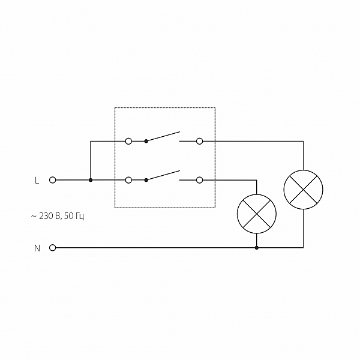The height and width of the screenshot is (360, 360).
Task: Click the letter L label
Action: tap(37, 180)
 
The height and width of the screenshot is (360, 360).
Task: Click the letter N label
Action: tap(37, 247)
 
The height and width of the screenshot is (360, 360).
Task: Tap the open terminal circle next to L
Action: tap(52, 180)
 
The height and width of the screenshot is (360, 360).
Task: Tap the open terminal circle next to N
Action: tap(52, 247)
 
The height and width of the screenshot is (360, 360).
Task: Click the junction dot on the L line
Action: tap(91, 180)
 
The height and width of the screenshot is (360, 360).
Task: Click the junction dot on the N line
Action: tap(257, 247)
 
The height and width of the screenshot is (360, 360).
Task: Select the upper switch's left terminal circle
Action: tap(128, 142)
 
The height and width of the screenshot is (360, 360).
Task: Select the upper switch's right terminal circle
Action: tap(199, 142)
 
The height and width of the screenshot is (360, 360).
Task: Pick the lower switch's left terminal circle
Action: tap(128, 180)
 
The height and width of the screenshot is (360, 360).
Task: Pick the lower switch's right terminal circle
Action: tap(199, 180)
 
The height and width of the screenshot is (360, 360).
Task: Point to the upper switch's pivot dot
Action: tap(146, 142)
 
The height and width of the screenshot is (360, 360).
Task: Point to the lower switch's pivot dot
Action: tap(146, 180)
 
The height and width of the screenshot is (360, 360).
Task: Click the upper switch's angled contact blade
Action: tap(163, 136)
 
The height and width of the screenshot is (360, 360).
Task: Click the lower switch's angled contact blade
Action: tap(163, 175)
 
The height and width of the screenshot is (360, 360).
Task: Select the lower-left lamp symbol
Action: tap(257, 214)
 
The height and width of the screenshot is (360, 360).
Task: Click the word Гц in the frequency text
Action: tap(79, 215)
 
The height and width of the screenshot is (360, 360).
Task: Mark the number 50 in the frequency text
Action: tap(67, 215)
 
